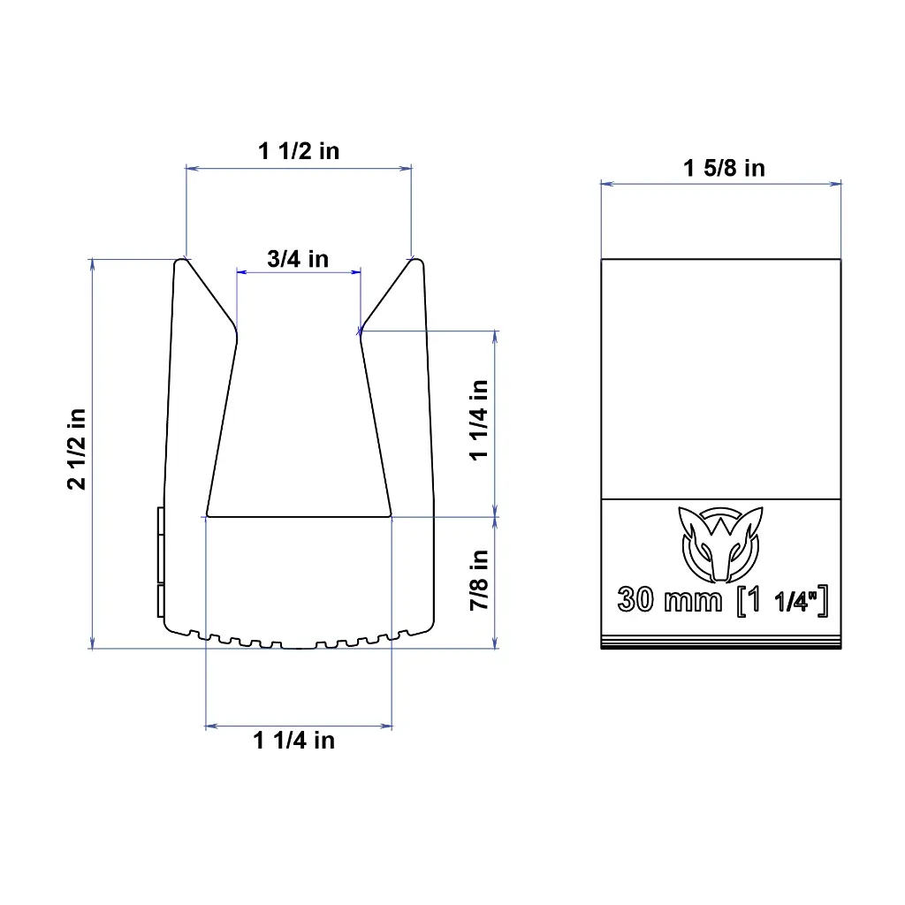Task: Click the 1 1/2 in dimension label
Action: (x=299, y=151)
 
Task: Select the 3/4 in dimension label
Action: (x=298, y=259)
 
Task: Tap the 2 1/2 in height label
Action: (x=77, y=449)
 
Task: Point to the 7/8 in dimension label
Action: (x=479, y=580)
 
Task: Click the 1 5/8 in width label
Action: (x=724, y=168)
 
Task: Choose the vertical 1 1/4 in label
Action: (x=479, y=420)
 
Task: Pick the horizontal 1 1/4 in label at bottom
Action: (x=293, y=740)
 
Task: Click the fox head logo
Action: (x=720, y=544)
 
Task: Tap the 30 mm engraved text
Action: (x=670, y=600)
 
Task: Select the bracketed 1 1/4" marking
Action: (x=783, y=601)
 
